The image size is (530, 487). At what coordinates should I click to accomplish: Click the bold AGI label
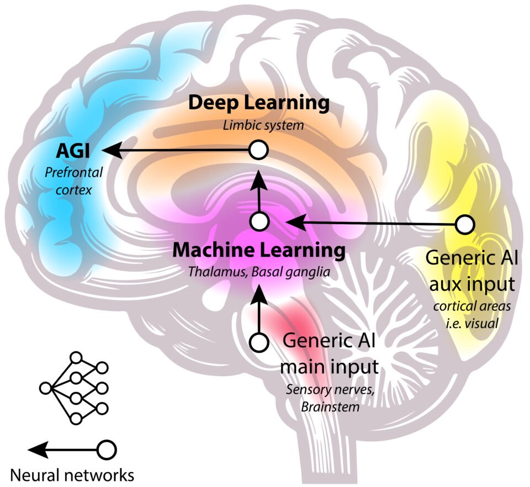73,149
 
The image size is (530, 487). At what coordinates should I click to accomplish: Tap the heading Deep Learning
259,103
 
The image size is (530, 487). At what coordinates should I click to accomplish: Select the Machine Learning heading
259,251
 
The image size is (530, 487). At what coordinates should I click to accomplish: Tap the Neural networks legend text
73,474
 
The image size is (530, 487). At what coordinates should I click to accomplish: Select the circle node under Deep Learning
258,149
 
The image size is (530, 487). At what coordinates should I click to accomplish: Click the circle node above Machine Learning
259,222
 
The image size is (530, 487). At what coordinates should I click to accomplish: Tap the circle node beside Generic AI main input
258,342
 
